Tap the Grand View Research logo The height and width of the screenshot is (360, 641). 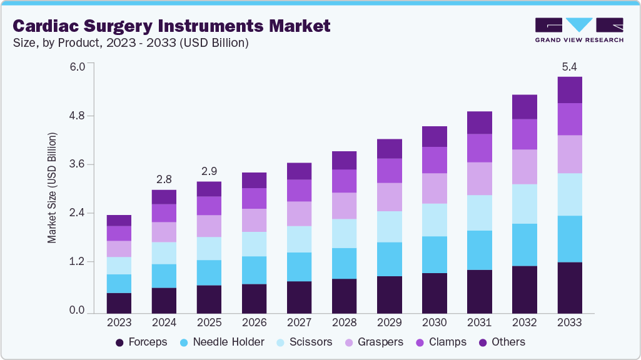coord(578,29)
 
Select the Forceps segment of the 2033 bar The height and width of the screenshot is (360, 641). coord(570,287)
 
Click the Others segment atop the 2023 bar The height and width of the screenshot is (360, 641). coord(119,220)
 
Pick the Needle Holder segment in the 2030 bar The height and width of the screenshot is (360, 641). coord(435,254)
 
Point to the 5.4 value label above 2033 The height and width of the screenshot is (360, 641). coord(570,66)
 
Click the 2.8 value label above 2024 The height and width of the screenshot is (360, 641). coord(164,179)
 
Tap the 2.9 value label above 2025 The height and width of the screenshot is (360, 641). coord(209,171)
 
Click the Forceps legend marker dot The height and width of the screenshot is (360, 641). coord(119,342)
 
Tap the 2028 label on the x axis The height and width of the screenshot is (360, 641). coord(344,323)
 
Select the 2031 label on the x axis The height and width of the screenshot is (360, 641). coord(480,323)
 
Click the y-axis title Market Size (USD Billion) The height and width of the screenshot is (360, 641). coord(53,187)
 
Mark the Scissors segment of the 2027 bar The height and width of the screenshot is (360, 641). coord(299,239)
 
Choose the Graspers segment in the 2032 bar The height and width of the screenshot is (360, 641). coord(525,166)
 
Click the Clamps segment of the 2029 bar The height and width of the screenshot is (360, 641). coord(389,170)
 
